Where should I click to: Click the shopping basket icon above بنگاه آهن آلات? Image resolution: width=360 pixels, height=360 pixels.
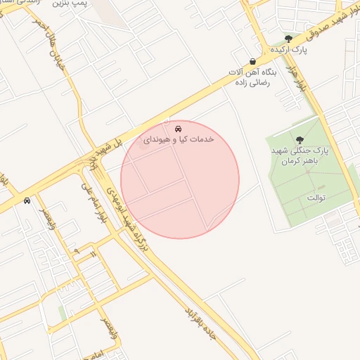click(x=252, y=61)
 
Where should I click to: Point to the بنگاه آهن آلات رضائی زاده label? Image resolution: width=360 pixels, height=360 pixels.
click(x=252, y=78)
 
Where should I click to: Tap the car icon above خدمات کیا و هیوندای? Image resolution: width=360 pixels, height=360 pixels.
click(x=179, y=129)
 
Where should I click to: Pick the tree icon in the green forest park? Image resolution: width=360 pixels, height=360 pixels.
click(x=300, y=140)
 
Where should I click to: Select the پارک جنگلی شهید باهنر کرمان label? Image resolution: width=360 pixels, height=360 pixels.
click(x=309, y=157)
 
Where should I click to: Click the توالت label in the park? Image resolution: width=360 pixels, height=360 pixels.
click(x=316, y=198)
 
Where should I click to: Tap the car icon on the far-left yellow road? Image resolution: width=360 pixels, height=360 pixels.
click(x=27, y=200)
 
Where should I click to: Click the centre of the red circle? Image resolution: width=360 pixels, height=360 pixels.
click(x=180, y=179)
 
